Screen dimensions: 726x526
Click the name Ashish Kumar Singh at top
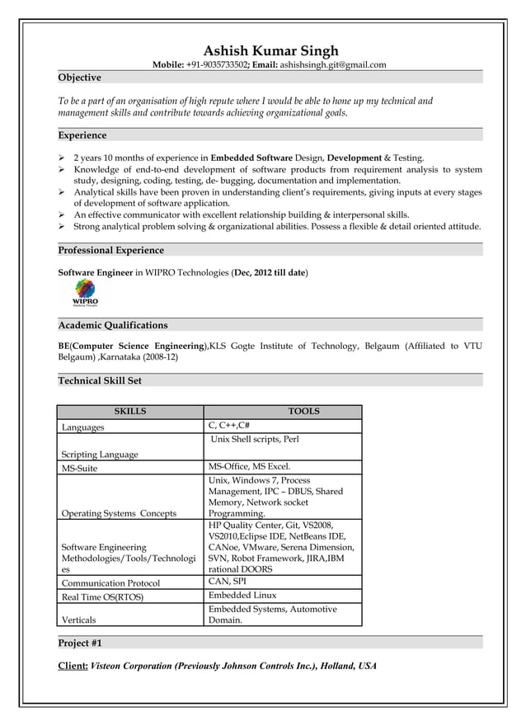tap(270, 51)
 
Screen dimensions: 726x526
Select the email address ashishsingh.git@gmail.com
tap(333, 64)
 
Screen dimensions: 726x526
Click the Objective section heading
tap(79, 78)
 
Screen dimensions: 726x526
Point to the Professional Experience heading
tap(110, 250)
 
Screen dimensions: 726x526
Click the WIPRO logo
tap(86, 292)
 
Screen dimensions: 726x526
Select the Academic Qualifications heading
tap(113, 325)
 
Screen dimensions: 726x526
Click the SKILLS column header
tap(130, 412)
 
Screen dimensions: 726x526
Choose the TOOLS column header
tap(303, 412)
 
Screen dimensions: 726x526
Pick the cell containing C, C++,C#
tap(230, 426)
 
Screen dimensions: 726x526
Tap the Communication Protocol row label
tap(110, 583)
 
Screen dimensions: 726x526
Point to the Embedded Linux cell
tap(242, 595)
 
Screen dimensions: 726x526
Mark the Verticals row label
tap(78, 620)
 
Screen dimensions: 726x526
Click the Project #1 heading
tap(80, 643)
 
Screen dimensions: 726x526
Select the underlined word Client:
tap(73, 666)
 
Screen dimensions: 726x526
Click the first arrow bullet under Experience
tap(62, 157)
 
